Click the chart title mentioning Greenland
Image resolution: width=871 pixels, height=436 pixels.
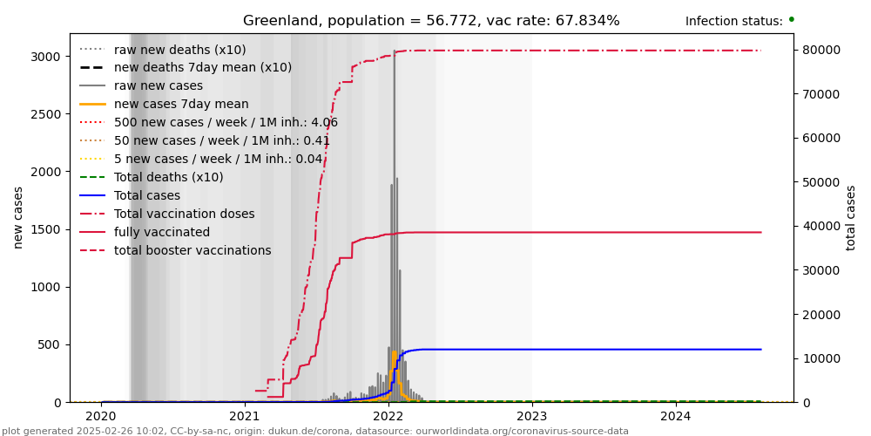coord(431,21)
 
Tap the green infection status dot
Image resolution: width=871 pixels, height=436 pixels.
coord(791,19)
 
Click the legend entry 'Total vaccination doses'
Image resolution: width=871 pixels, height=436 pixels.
coord(184,214)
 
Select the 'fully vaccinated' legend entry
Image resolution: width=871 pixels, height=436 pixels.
coord(162,233)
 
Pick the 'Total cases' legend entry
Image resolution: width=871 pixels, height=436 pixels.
coord(147,195)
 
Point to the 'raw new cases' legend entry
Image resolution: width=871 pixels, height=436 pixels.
coord(159,85)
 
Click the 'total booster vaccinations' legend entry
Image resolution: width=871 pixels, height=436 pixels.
coord(192,251)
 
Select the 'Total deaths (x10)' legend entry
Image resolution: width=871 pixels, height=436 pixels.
coord(168,177)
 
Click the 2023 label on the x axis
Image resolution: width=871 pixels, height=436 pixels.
coord(531,417)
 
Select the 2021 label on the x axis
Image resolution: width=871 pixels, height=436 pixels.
coord(244,417)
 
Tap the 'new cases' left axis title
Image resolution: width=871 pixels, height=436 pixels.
coord(18,217)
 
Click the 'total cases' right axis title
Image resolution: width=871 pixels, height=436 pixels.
coord(851,217)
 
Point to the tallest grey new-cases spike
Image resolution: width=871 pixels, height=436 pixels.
coord(394,52)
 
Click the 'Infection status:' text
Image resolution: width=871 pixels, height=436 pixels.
coord(733,22)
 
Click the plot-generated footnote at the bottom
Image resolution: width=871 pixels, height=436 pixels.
coord(315,431)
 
